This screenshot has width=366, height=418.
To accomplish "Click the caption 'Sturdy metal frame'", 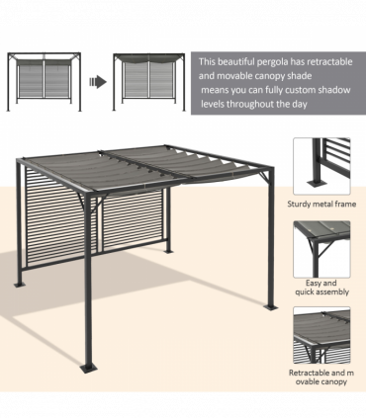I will [320, 204].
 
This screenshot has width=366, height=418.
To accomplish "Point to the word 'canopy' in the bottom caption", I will [329, 382].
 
